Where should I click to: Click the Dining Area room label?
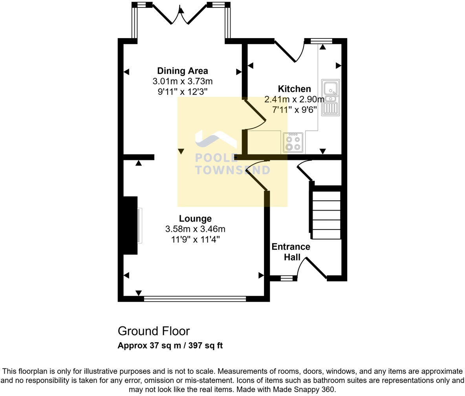click(x=182, y=71)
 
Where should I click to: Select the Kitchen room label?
click(x=294, y=89)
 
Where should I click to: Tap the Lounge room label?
click(x=195, y=218)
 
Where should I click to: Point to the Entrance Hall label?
click(x=291, y=252)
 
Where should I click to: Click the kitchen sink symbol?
click(x=330, y=97)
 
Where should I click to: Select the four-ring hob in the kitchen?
click(x=293, y=143)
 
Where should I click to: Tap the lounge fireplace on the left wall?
click(x=131, y=225)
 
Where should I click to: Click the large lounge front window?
click(x=195, y=299)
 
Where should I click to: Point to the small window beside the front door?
click(x=289, y=278)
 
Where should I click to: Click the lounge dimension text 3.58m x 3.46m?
click(x=195, y=229)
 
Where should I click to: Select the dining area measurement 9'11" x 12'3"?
click(x=182, y=92)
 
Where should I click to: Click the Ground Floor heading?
click(x=154, y=331)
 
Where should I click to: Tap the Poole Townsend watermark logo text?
click(x=233, y=164)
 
